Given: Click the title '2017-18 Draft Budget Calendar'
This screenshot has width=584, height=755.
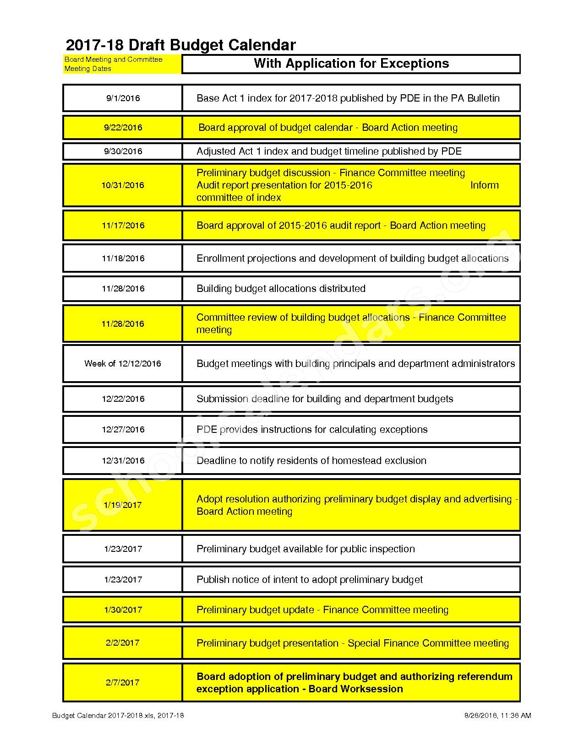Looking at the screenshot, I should coord(181,45).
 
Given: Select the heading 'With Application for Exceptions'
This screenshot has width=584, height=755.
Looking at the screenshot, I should coord(351,64).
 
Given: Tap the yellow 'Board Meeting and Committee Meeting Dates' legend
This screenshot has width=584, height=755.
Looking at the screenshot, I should coord(122,64).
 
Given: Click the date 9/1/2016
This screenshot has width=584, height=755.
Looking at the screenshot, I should coord(123,98).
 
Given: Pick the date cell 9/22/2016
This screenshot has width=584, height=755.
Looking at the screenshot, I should coord(123,127).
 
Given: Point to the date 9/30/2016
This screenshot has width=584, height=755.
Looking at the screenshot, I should coord(123,151).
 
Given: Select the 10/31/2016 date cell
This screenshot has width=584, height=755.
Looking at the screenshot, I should coord(123,185).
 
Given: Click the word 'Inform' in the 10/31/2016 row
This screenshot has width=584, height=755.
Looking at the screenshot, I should coord(484,185).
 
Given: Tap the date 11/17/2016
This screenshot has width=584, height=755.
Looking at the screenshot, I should coord(123,225).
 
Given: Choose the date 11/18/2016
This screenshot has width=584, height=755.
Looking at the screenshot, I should coord(123,258).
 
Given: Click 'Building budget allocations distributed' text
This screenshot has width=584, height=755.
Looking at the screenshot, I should coord(281,288).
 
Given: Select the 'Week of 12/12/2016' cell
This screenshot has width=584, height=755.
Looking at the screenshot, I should coord(123,363).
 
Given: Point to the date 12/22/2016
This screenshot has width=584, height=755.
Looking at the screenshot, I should coord(123,399).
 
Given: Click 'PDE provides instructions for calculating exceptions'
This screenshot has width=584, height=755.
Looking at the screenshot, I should coord(312,429).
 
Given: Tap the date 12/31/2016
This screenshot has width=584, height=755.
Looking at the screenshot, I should coord(123,460).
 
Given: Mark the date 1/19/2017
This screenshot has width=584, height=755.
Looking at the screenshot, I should coord(123,505).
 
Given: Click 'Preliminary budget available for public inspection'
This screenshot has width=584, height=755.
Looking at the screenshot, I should coord(306,549).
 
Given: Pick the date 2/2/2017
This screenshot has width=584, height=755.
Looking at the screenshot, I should coord(123,642).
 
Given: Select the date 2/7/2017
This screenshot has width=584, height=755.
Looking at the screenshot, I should coord(123,682).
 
